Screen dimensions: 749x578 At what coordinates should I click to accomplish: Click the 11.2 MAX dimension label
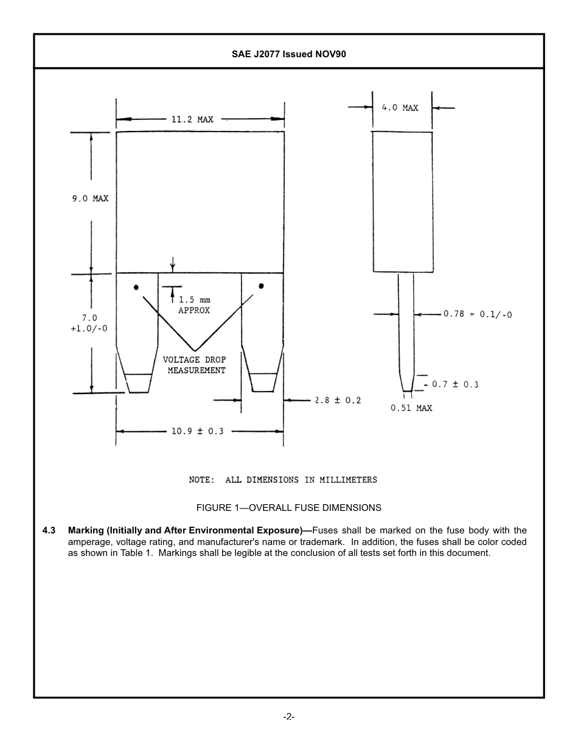click(192, 119)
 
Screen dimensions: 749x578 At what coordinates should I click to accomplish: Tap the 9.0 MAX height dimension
click(91, 199)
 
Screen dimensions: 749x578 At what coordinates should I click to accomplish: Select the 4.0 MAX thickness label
click(400, 108)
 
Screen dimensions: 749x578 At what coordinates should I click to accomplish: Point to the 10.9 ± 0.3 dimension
click(197, 431)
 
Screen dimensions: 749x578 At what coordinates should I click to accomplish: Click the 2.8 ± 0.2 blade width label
click(338, 400)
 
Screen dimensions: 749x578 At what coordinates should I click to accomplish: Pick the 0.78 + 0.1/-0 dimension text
click(477, 314)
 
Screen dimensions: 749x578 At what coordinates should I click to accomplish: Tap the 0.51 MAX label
click(411, 408)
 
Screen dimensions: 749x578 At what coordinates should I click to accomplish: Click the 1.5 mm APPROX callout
click(194, 305)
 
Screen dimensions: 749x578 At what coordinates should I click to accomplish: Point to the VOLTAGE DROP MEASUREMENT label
click(195, 365)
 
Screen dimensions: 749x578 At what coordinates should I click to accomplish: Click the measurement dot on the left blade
click(136, 287)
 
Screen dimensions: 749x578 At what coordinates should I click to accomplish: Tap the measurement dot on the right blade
click(262, 286)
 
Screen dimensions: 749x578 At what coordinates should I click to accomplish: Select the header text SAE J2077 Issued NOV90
click(289, 54)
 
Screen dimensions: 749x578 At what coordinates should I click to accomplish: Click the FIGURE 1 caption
click(288, 507)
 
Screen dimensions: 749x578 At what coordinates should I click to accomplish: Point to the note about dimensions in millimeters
click(283, 480)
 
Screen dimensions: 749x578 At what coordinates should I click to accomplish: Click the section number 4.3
click(49, 530)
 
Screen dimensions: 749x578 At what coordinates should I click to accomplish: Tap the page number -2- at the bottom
click(289, 717)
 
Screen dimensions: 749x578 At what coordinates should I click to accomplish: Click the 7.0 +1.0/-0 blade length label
click(89, 323)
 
